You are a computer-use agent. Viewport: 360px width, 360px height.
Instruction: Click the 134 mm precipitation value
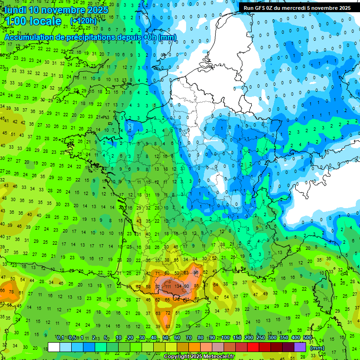click(x=178, y=286)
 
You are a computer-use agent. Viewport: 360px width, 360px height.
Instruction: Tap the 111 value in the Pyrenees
click(x=167, y=286)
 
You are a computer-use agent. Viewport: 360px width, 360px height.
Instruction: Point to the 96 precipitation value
click(x=196, y=272)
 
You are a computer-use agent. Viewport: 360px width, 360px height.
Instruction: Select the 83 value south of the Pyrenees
click(x=167, y=326)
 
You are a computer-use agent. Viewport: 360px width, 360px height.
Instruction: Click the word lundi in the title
click(x=15, y=10)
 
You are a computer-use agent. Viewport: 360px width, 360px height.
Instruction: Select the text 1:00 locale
click(x=33, y=21)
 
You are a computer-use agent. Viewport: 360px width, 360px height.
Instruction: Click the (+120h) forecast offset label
click(x=83, y=21)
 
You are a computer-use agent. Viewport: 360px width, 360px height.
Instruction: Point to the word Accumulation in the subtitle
click(x=32, y=37)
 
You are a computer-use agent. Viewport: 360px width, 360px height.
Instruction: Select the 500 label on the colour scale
click(x=307, y=338)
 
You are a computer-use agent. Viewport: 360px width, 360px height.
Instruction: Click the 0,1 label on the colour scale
click(x=60, y=338)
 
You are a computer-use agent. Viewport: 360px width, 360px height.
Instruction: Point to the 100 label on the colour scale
click(x=225, y=338)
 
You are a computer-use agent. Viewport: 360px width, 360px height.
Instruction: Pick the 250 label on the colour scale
click(x=261, y=338)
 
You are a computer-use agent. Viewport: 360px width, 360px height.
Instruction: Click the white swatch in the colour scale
click(x=54, y=347)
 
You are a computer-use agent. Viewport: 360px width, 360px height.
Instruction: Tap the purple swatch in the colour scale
click(x=300, y=347)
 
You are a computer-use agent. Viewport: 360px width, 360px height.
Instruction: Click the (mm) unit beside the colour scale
click(x=317, y=348)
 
